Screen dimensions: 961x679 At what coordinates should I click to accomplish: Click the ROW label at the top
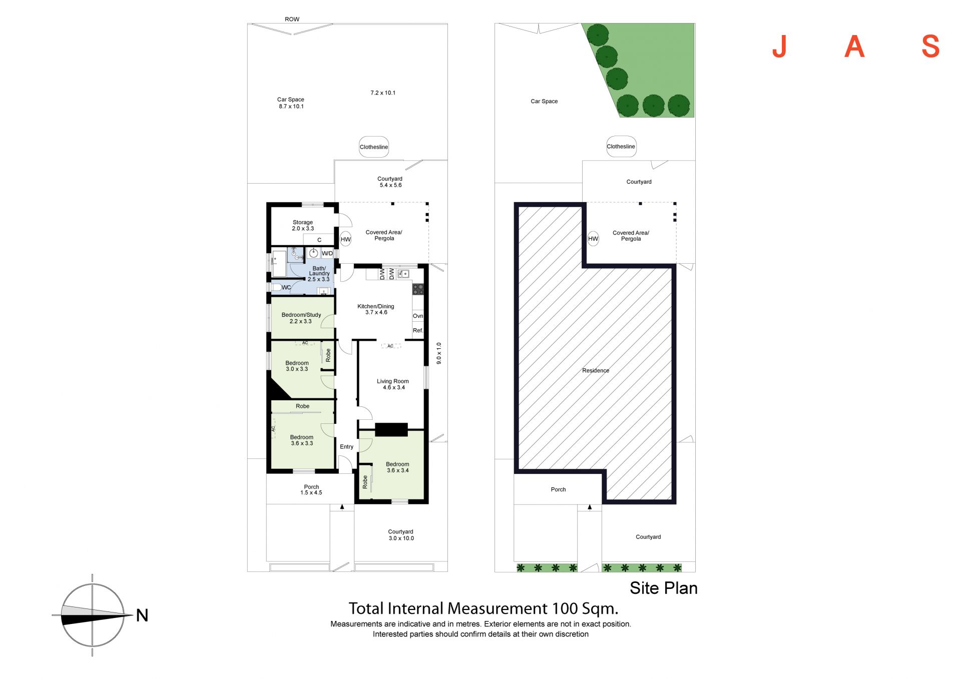[x=292, y=20]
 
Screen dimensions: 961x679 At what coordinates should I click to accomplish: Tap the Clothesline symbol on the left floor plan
[x=374, y=147]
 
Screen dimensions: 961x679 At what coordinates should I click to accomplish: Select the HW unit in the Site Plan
[x=593, y=239]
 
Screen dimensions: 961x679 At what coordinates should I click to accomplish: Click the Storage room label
[x=303, y=225]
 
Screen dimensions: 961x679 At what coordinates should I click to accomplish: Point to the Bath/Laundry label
[x=319, y=274]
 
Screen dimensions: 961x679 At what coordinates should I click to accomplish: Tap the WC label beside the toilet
[x=286, y=288]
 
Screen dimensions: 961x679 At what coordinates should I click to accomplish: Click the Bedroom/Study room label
[x=301, y=318]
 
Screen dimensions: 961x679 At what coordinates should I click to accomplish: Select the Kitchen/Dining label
[x=376, y=309]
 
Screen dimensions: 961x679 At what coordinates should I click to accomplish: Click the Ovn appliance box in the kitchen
[x=418, y=316]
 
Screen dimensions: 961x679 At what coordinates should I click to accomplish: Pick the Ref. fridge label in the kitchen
[x=418, y=331]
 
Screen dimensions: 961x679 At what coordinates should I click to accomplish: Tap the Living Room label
[x=393, y=384]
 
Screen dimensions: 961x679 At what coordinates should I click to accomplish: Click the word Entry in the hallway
[x=347, y=447]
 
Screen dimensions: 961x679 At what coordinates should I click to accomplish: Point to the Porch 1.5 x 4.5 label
[x=311, y=490]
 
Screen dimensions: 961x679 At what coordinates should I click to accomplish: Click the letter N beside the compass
[x=142, y=615]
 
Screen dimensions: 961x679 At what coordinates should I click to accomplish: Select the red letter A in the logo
[x=854, y=47]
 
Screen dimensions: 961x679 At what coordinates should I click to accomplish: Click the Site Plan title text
[x=664, y=588]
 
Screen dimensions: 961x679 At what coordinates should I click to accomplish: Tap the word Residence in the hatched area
[x=596, y=371]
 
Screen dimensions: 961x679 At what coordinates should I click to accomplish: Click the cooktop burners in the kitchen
[x=418, y=289]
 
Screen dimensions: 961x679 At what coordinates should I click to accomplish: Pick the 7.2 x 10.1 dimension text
[x=383, y=93]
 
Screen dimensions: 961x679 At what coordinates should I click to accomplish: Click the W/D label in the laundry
[x=327, y=254]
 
